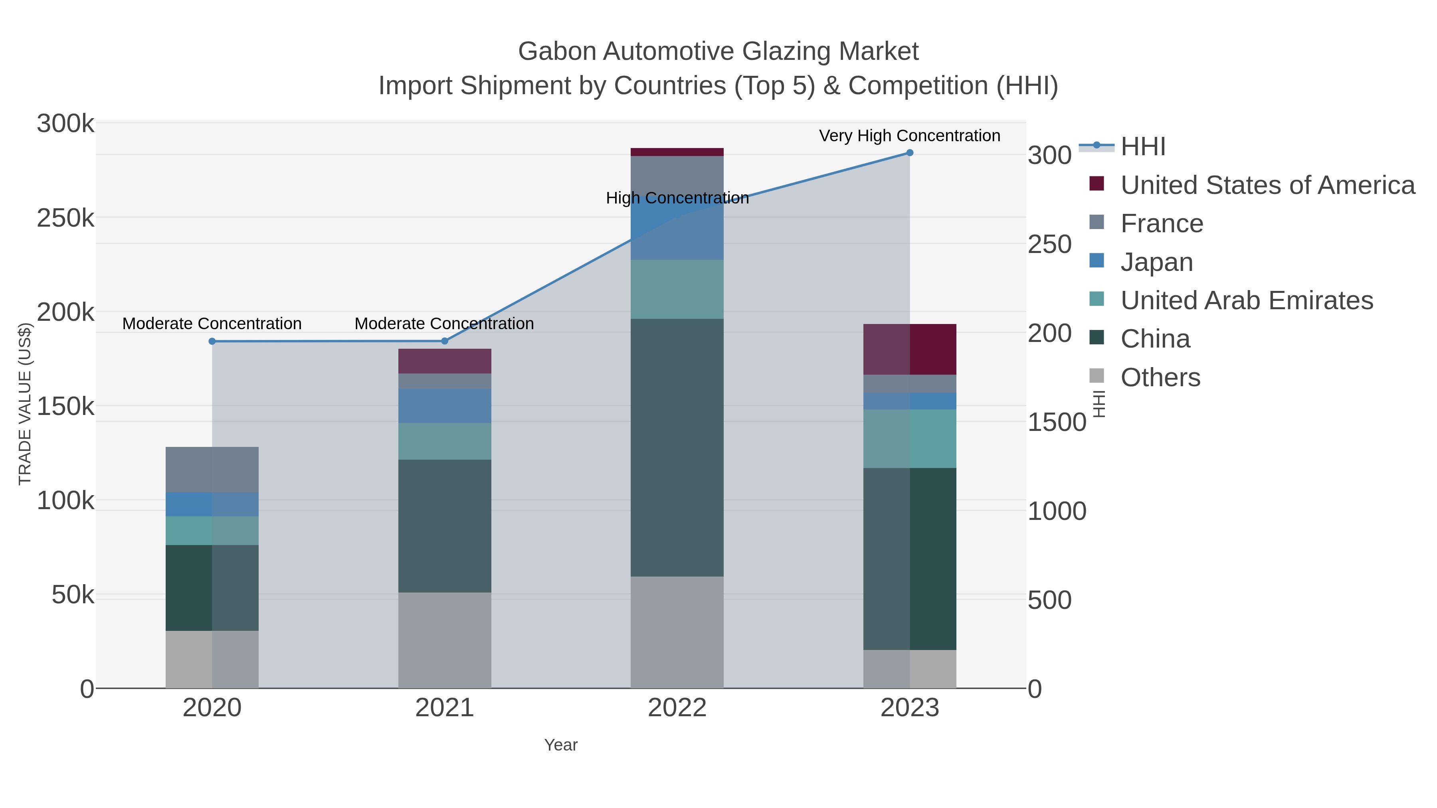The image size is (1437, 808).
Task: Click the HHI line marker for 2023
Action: point(909,153)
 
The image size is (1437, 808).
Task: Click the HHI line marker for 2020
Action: point(212,341)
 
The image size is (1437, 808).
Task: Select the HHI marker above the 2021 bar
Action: point(445,341)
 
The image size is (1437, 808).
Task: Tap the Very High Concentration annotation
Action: point(909,136)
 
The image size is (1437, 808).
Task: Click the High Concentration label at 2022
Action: point(677,198)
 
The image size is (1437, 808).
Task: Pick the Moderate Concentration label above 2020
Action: point(212,324)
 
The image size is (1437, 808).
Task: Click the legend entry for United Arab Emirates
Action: point(1246,300)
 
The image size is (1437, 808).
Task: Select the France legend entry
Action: point(1162,223)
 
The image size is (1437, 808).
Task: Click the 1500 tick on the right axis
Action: point(1057,422)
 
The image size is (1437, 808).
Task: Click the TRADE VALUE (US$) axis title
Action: point(25,404)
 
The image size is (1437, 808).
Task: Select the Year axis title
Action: point(561,745)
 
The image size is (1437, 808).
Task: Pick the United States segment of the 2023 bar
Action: point(909,349)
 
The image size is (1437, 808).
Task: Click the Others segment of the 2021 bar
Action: point(445,640)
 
